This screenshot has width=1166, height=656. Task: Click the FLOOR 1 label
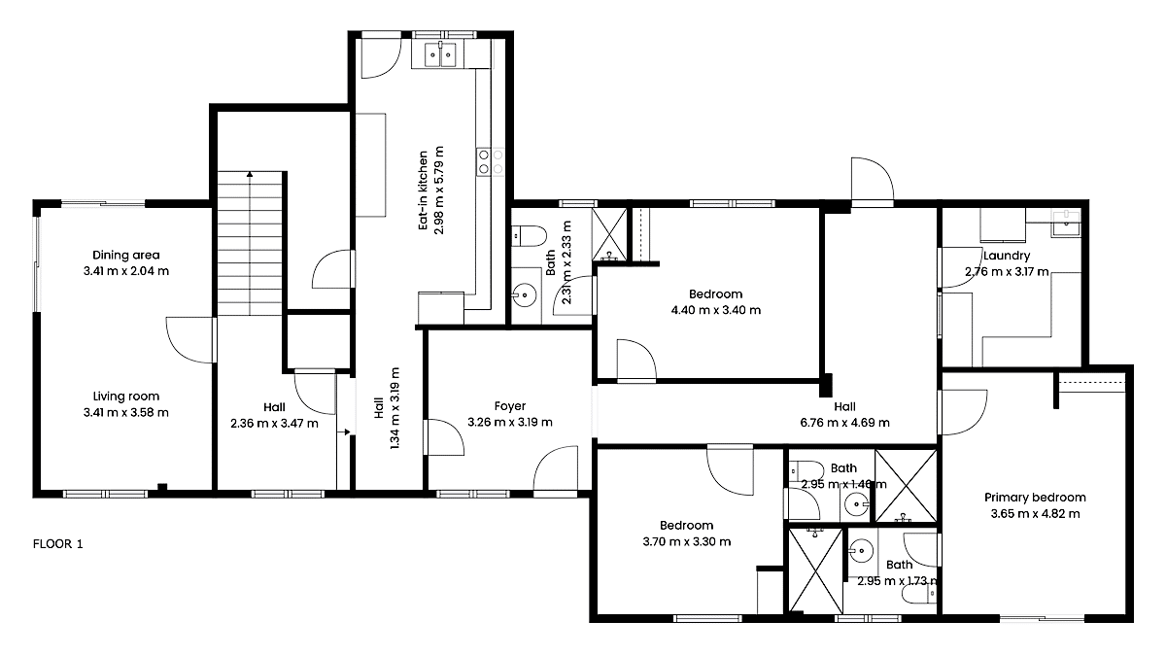pos(57,544)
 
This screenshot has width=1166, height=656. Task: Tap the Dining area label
pos(126,255)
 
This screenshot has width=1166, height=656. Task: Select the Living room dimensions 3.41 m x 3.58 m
pos(126,412)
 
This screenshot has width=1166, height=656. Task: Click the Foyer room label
pos(510,406)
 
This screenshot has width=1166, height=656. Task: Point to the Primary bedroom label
pos(1036,498)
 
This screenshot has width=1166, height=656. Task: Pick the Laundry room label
pos(1007,256)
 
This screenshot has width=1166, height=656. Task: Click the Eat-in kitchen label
pos(424,190)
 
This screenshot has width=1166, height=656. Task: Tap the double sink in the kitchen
pos(440,54)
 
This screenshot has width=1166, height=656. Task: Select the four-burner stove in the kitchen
pos(490,162)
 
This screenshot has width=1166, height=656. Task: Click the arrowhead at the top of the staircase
pos(250,174)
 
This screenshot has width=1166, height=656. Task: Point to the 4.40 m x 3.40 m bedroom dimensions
pos(716,310)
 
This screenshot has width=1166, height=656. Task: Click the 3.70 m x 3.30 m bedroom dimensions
pos(687,542)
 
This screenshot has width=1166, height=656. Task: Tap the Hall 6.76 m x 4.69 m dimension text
pos(844,422)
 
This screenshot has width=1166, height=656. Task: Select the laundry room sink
pos(1066,224)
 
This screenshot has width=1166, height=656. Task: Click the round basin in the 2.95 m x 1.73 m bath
pos(862,550)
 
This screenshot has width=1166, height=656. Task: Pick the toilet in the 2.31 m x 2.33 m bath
pos(529,236)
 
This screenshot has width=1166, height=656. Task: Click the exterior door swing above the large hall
pos(873,179)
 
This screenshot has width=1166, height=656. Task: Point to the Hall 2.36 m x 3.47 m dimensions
pos(274,424)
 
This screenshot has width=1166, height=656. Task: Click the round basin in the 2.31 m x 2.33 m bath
pos(525,295)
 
